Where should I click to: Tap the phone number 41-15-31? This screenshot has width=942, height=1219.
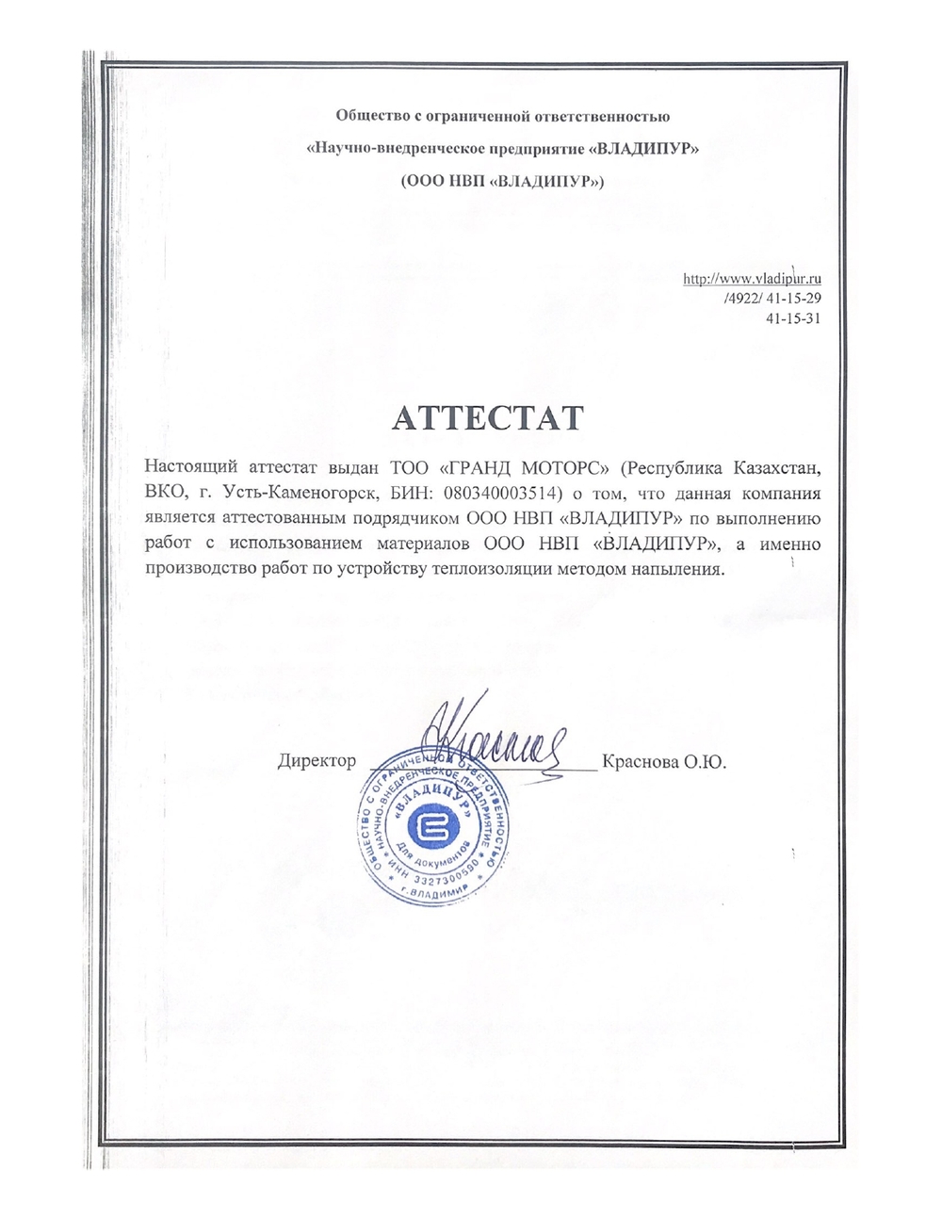[795, 317]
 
